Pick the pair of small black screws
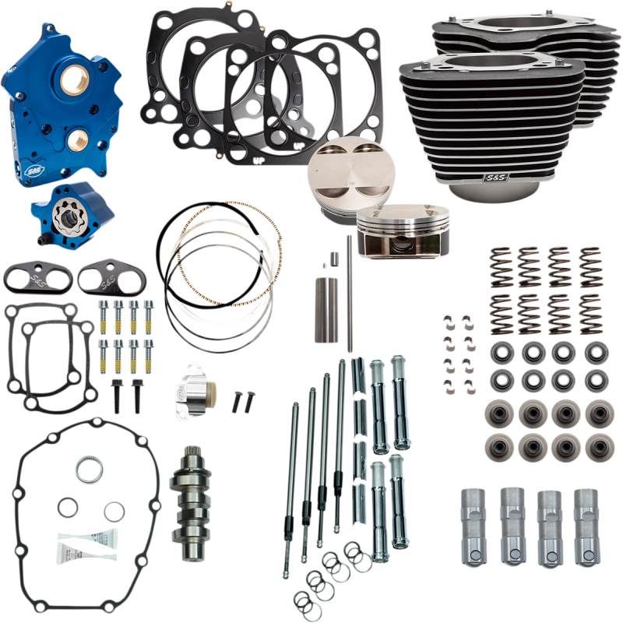[241, 399]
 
